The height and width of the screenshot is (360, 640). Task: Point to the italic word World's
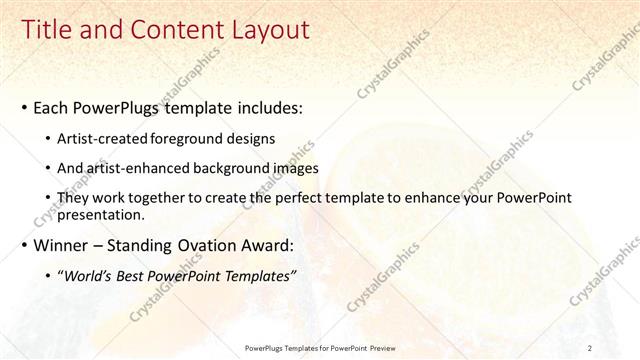tap(92, 275)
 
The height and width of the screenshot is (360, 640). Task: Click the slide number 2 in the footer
tap(591, 348)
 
